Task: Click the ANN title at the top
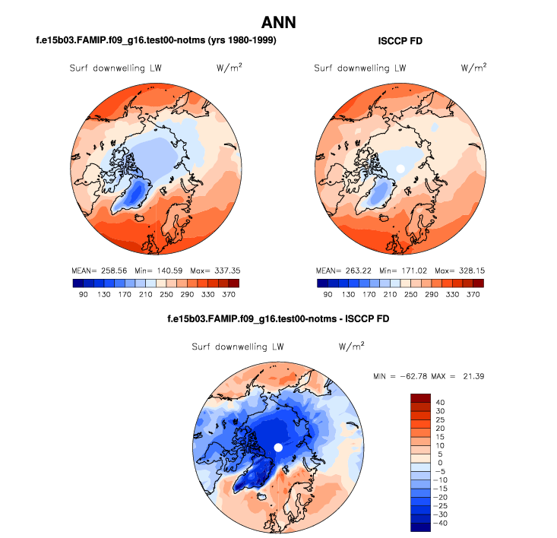point(278,22)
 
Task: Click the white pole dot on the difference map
point(278,447)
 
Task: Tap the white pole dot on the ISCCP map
point(400,168)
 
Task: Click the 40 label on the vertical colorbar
point(441,403)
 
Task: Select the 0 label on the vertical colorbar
point(441,463)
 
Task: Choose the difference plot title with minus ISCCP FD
point(278,318)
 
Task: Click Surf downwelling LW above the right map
point(360,68)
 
